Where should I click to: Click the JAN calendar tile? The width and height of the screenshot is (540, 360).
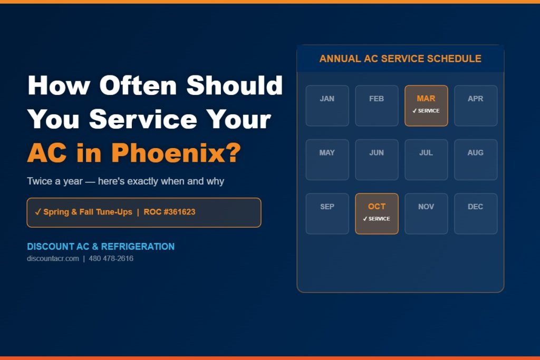[x=327, y=106]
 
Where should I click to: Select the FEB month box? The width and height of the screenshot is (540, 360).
[x=377, y=106]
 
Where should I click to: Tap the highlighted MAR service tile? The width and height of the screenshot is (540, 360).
[x=426, y=106]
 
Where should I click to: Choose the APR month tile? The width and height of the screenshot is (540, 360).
[x=476, y=106]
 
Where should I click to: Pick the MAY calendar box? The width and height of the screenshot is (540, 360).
[x=327, y=160]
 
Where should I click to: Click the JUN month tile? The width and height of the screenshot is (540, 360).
[x=377, y=160]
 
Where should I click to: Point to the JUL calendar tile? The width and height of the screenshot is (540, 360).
[x=426, y=160]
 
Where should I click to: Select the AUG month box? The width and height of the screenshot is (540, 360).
[x=476, y=160]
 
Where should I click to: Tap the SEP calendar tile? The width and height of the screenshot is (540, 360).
[x=327, y=213]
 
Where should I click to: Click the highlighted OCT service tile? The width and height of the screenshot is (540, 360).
[x=377, y=213]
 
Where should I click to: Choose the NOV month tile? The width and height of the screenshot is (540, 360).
[x=426, y=213]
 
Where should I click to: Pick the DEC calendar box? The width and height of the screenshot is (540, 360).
[x=476, y=213]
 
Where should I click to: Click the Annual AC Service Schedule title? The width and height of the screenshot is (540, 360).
[x=400, y=59]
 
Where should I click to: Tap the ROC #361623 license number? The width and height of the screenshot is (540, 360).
[x=169, y=212]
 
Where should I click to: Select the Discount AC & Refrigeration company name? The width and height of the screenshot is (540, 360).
[x=101, y=247]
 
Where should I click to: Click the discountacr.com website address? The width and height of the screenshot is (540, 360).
[x=53, y=259]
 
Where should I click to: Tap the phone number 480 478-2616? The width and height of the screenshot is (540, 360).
[x=111, y=259]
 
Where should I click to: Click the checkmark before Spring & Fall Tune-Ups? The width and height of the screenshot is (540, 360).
[x=37, y=212]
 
